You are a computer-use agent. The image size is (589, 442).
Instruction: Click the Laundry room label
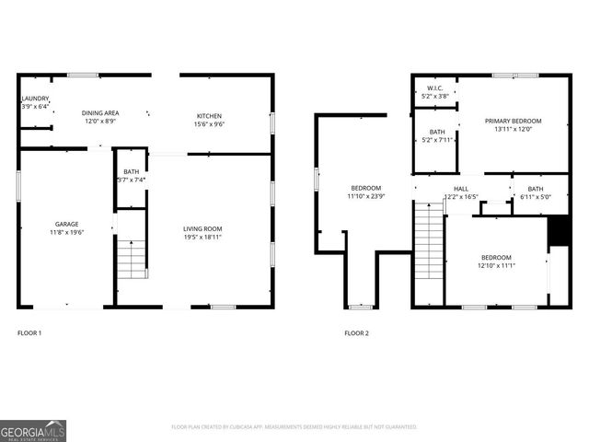click(35, 99)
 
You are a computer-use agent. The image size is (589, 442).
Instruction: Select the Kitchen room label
click(209, 115)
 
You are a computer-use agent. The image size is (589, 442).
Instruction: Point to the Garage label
click(66, 224)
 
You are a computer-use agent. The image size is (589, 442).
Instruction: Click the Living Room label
click(202, 229)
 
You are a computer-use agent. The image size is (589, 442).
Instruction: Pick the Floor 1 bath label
click(132, 171)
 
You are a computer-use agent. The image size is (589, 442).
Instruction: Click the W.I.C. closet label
click(434, 88)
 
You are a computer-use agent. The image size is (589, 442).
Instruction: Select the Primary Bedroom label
click(514, 121)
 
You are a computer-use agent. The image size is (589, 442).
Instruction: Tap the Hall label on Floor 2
click(461, 187)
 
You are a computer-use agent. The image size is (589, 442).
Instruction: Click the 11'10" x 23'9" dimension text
click(365, 196)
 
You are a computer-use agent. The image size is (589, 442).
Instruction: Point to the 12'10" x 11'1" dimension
click(496, 265)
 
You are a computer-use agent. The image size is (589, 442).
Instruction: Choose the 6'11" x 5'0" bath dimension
click(536, 196)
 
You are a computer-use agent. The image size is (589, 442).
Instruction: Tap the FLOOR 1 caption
click(29, 332)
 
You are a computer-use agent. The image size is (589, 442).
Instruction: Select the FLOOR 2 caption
click(356, 332)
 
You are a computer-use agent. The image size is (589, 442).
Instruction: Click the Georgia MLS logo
click(33, 430)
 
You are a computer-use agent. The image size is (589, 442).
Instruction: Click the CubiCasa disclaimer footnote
click(294, 427)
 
